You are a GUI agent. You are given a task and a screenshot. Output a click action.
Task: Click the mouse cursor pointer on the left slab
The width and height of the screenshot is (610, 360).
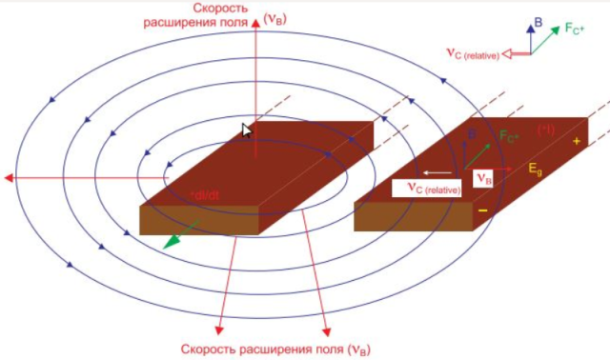click(x=248, y=130)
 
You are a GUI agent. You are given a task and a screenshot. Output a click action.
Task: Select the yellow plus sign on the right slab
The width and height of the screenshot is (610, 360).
click(x=576, y=140)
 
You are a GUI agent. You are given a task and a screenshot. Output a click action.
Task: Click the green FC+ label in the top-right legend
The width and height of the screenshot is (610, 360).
click(x=574, y=28)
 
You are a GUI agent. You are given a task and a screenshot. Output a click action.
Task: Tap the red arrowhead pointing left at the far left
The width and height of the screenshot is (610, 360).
click(x=9, y=178)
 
